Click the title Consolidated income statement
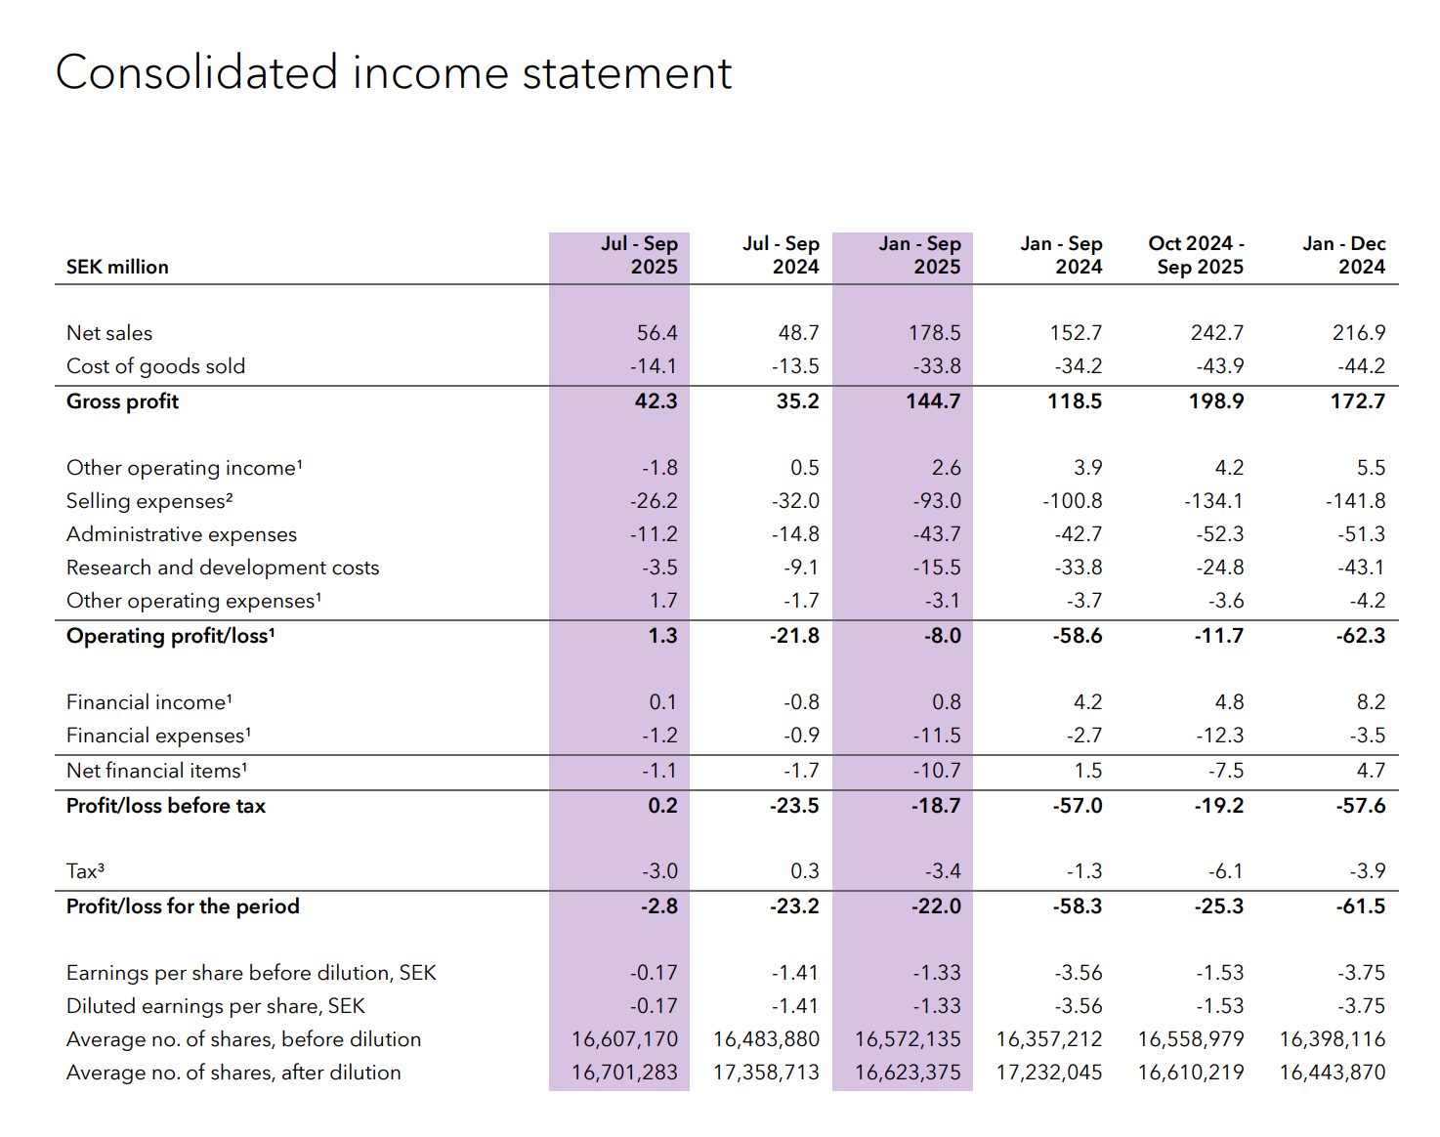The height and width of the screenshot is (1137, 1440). tap(394, 73)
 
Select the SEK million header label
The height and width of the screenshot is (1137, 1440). tap(117, 267)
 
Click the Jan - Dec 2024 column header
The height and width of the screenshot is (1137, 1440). tap(1345, 255)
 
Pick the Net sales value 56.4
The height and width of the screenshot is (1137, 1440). tap(656, 333)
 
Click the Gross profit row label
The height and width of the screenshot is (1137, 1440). tap(122, 401)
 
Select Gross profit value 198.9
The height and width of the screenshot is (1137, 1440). tap(1215, 401)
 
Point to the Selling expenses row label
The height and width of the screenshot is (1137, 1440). tap(149, 501)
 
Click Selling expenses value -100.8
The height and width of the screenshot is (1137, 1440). tap(1072, 501)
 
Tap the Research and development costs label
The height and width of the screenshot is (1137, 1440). tap(223, 568)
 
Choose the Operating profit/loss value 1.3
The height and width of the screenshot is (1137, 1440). tap(662, 636)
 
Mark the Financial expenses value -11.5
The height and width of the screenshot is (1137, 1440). tap(936, 736)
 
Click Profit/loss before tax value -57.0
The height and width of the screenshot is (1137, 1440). tap(1077, 806)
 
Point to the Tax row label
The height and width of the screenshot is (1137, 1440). tap(85, 871)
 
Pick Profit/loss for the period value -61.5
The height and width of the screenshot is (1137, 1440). tap(1360, 906)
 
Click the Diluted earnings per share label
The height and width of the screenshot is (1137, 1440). tap(215, 1006)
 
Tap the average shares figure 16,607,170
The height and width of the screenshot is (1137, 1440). tap(624, 1039)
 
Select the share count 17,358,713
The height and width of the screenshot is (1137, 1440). tap(766, 1073)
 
